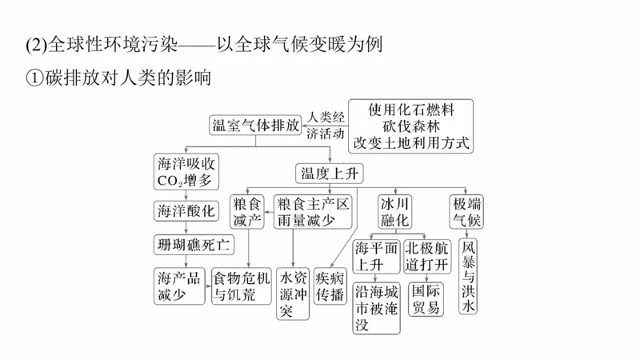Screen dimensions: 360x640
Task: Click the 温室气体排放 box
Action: [x=255, y=125]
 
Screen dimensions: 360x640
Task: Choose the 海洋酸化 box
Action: [x=186, y=210]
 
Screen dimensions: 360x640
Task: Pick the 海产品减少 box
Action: [x=181, y=284]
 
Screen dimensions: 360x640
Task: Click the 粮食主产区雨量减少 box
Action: [x=313, y=210]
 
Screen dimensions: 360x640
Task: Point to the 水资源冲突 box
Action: [x=293, y=294]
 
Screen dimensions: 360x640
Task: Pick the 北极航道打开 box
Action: [x=427, y=255]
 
